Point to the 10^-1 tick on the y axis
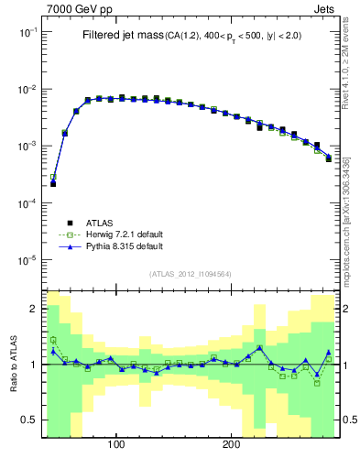27,32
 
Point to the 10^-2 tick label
27,89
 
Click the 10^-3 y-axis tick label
27,147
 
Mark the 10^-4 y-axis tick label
27,203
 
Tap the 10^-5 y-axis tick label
27,261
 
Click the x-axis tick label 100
116,444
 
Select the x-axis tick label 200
232,444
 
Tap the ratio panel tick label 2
33,309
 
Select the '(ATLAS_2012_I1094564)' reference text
190,274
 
